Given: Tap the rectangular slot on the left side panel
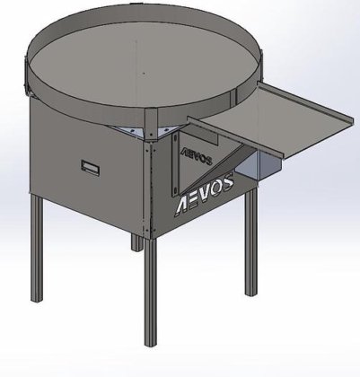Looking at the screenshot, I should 91,165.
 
